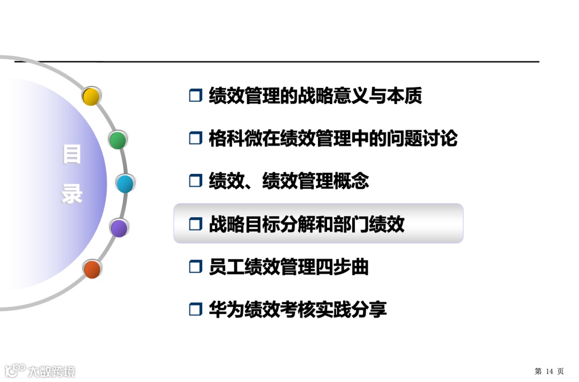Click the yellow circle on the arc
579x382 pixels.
(x=91, y=97)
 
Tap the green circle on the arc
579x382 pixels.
(x=117, y=140)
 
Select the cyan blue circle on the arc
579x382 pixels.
(x=125, y=184)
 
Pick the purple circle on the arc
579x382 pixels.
(x=118, y=228)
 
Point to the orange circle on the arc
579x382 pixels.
(x=92, y=269)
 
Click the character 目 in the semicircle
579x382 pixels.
(x=72, y=155)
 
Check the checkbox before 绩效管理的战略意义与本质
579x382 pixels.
(x=195, y=96)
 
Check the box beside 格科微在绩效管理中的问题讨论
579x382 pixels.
(x=195, y=138)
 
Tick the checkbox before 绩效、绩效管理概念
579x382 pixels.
(x=195, y=181)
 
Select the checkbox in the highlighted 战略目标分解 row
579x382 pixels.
(x=195, y=224)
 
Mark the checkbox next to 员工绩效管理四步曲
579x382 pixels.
(x=195, y=267)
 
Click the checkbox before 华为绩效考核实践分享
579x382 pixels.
(x=195, y=310)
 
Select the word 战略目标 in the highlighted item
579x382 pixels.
(x=244, y=224)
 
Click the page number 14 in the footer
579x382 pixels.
(x=549, y=371)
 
